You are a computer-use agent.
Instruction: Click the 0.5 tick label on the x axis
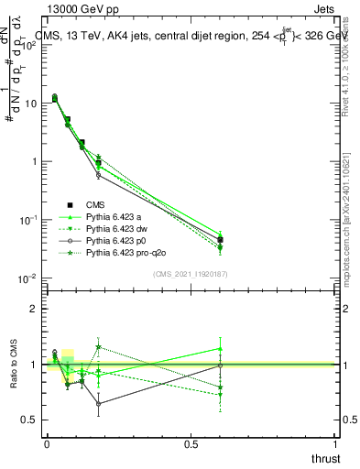point(191,444)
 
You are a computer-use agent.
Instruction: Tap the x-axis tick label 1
point(336,444)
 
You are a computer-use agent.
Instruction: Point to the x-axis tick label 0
point(47,444)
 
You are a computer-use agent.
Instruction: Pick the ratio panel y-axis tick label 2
point(33,309)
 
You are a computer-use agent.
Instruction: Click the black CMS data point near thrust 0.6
point(220,240)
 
